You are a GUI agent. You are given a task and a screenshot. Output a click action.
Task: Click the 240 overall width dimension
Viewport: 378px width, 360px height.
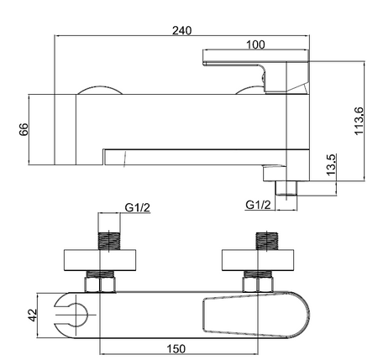tap(182, 30)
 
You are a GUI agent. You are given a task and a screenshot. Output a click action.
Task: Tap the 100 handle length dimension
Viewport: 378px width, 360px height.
tap(255, 44)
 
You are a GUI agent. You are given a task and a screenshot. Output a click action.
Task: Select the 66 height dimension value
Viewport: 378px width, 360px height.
tap(24, 129)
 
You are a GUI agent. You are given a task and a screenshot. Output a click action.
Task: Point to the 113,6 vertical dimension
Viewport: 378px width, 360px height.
tap(359, 121)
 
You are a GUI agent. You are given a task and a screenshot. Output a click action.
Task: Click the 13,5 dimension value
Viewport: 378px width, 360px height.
tap(331, 164)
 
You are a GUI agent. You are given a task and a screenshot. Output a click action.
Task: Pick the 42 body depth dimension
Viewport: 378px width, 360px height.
tap(33, 316)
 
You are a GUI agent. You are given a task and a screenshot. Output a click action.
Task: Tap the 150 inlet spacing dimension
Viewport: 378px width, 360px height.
tap(176, 349)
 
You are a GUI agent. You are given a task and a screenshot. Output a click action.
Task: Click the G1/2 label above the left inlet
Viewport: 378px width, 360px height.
tap(138, 208)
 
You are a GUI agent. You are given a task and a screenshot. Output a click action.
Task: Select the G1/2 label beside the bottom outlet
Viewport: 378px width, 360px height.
tap(258, 205)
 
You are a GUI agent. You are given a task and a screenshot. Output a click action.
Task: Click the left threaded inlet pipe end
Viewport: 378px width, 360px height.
tap(109, 241)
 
